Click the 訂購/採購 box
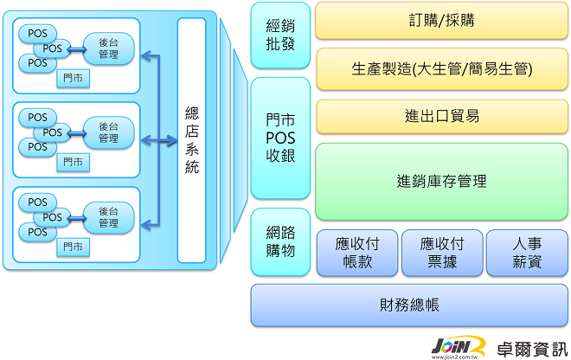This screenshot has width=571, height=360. pyautogui.click(x=442, y=21)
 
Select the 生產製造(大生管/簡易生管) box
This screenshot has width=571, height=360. pyautogui.click(x=442, y=68)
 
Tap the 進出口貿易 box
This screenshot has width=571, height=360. pyautogui.click(x=442, y=116)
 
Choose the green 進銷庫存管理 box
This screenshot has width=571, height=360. pyautogui.click(x=442, y=181)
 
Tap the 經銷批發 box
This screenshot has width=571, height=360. pyautogui.click(x=280, y=35)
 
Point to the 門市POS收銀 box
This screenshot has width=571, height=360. pyautogui.click(x=280, y=138)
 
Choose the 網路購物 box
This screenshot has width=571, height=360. pyautogui.click(x=280, y=241)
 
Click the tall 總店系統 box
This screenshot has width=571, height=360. pyautogui.click(x=191, y=140)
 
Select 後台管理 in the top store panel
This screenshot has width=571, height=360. pyautogui.click(x=108, y=49)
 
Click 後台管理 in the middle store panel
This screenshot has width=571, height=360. pyautogui.click(x=108, y=132)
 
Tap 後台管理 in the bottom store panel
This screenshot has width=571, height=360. pyautogui.click(x=108, y=217)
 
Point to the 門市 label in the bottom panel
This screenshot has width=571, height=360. pyautogui.click(x=74, y=247)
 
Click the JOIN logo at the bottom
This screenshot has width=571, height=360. pyautogui.click(x=459, y=345)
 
